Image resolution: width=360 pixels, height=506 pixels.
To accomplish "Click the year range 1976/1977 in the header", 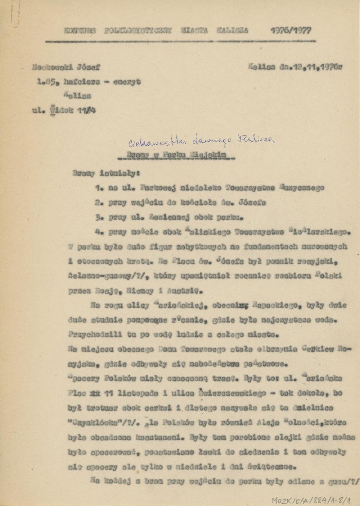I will (x=291, y=31).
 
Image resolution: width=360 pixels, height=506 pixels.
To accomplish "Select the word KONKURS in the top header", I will (x=80, y=31).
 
